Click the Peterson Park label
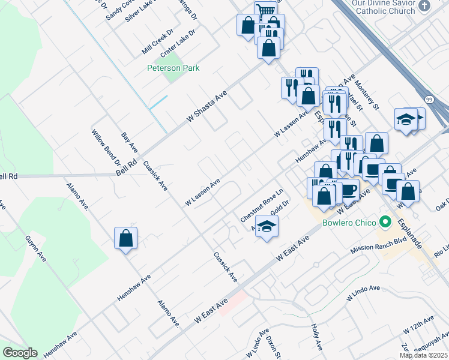tap(173, 68)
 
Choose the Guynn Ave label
tap(35, 248)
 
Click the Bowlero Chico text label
tap(348, 223)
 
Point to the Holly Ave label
tap(317, 338)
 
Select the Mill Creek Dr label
tap(157, 40)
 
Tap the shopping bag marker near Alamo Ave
tap(126, 238)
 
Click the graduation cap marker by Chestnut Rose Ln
tap(267, 227)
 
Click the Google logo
tap(20, 353)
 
